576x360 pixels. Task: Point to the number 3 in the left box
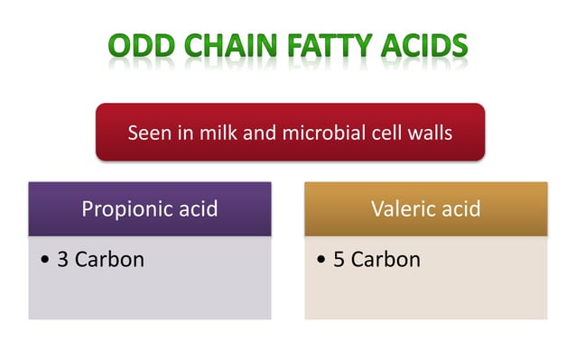[62, 260]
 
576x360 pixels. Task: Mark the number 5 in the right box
[339, 260]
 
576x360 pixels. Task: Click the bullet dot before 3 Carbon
[45, 261]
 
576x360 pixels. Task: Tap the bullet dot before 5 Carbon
[321, 261]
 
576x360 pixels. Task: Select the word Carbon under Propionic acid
[109, 260]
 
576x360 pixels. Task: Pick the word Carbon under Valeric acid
[386, 260]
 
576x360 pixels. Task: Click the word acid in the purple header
[194, 209]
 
